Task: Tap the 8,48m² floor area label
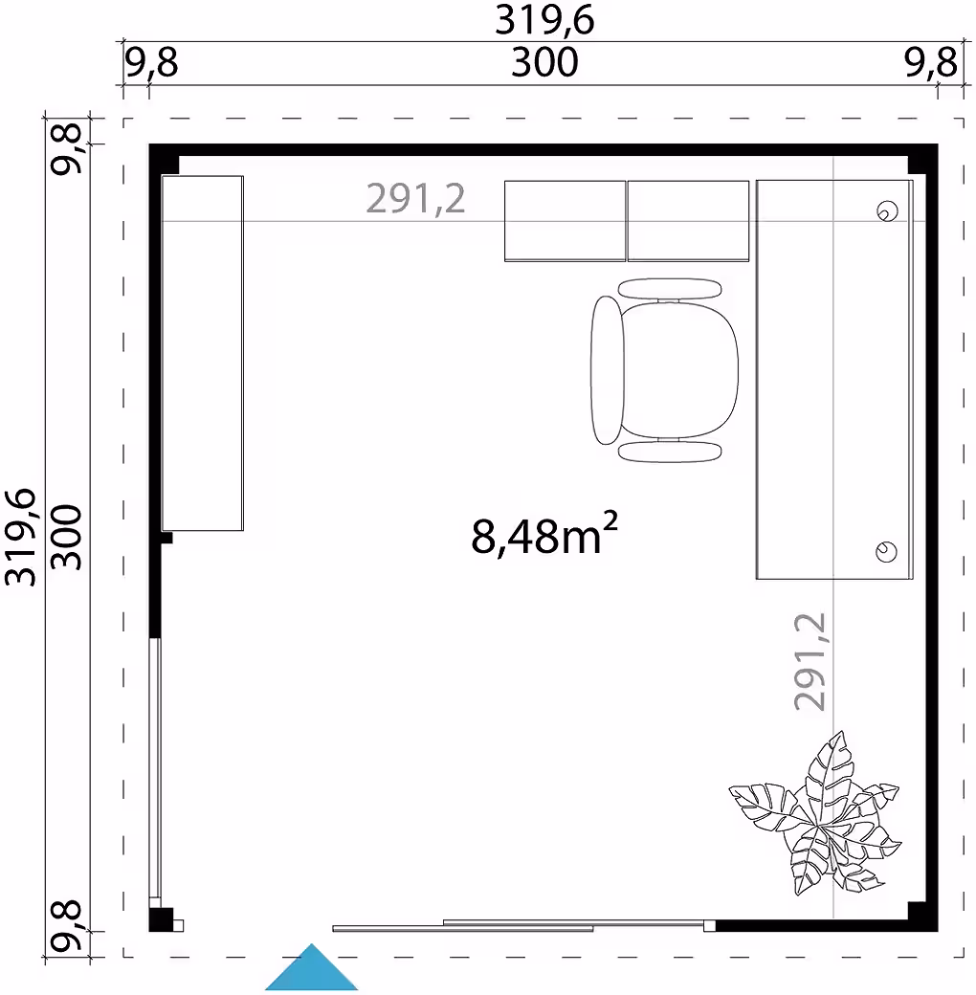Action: pyautogui.click(x=543, y=534)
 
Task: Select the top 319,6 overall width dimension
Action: pyautogui.click(x=544, y=20)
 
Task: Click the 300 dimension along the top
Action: pyautogui.click(x=544, y=63)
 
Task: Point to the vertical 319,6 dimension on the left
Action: pyautogui.click(x=20, y=537)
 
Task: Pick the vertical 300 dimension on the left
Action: pyautogui.click(x=66, y=538)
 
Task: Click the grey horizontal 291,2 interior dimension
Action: pyautogui.click(x=415, y=199)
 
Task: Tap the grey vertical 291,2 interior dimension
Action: pyautogui.click(x=810, y=661)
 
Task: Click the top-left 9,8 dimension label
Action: pyautogui.click(x=151, y=63)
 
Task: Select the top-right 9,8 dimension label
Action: pyautogui.click(x=930, y=63)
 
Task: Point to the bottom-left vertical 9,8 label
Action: pyautogui.click(x=67, y=926)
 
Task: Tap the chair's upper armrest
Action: pyautogui.click(x=670, y=289)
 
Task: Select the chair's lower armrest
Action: pyautogui.click(x=670, y=452)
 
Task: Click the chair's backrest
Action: pyautogui.click(x=607, y=370)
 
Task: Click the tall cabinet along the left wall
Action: pyautogui.click(x=203, y=353)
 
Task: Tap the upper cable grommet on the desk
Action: pyautogui.click(x=886, y=211)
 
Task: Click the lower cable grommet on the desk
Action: pyautogui.click(x=886, y=551)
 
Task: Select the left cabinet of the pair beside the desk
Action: pyautogui.click(x=565, y=221)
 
